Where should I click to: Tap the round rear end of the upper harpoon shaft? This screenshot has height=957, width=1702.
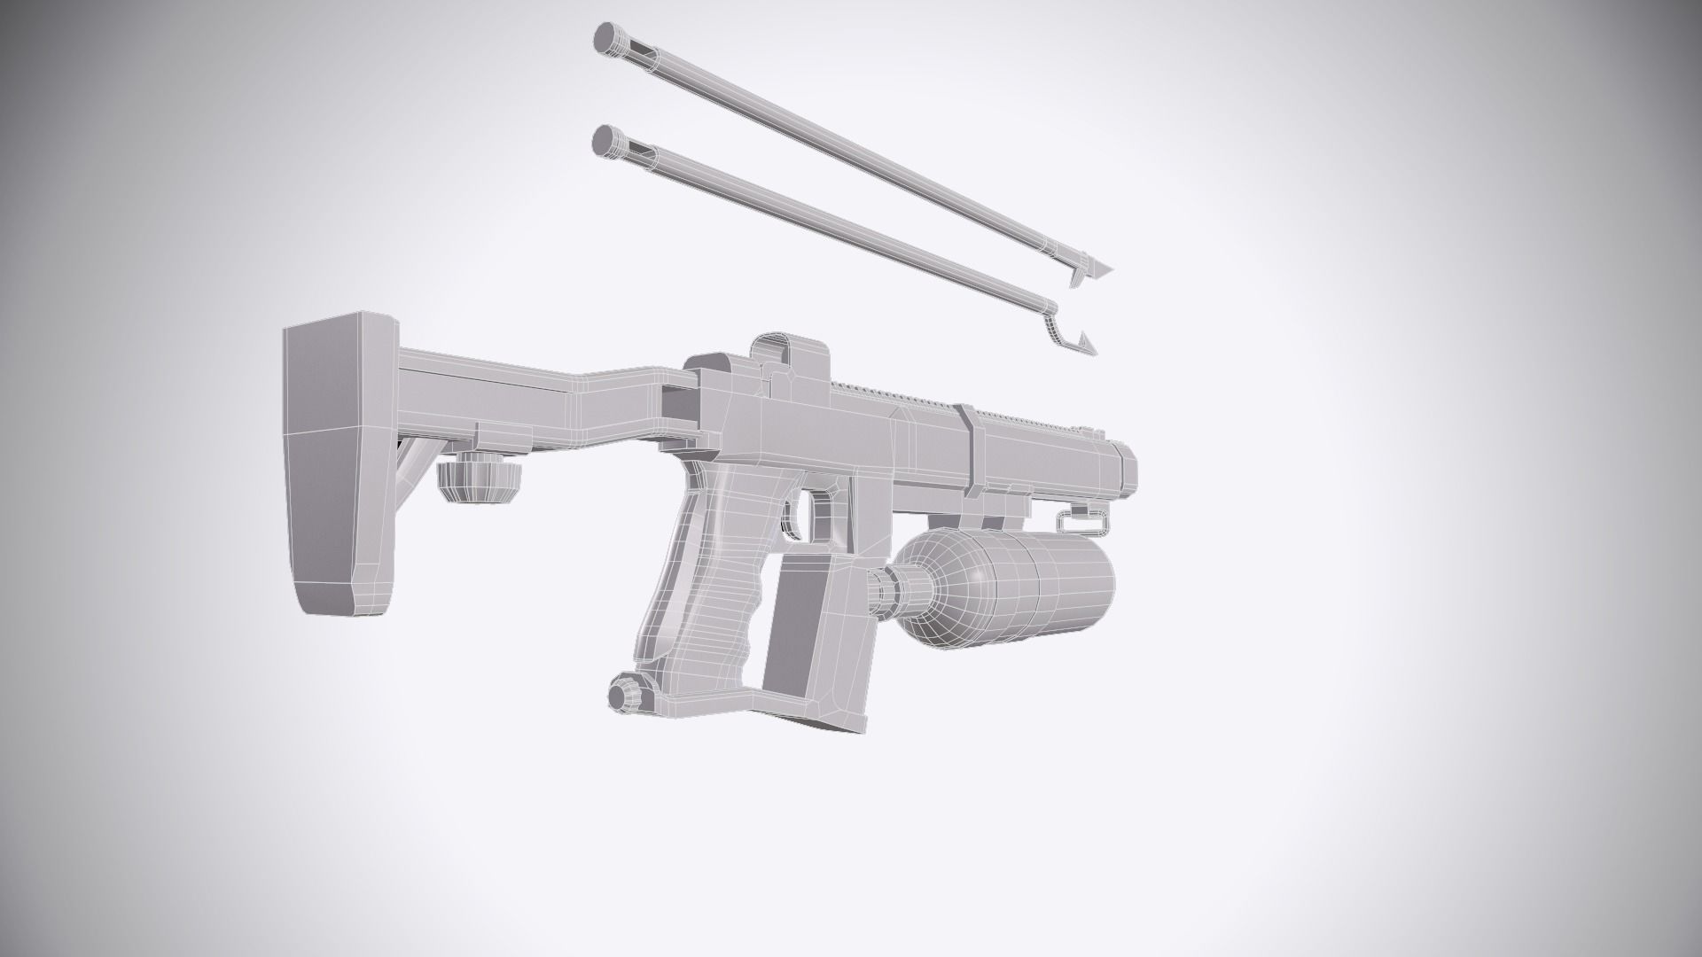pos(607,37)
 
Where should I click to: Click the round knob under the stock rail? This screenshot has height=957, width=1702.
pos(478,481)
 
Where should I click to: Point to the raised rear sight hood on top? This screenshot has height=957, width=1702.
pos(789,354)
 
